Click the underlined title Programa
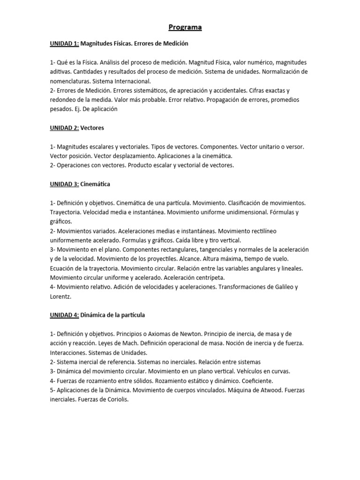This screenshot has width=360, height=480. click(185, 27)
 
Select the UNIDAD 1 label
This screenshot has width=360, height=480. click(65, 44)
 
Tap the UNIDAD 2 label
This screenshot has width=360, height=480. click(65, 127)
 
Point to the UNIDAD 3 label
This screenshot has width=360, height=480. click(65, 184)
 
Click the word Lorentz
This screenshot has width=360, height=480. click(60, 296)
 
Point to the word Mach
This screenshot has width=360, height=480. click(129, 343)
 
